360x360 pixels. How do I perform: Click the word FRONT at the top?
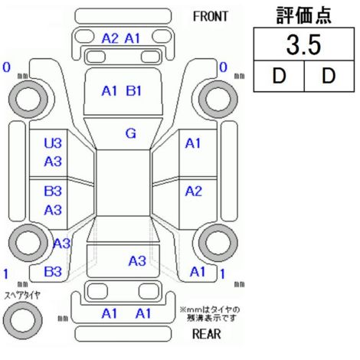[210, 17]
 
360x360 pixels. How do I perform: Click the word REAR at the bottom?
[207, 334]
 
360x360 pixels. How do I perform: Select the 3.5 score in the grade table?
[303, 45]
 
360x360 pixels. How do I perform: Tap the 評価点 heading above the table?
[304, 15]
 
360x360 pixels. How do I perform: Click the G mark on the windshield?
[131, 133]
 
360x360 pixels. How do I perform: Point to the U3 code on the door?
[53, 143]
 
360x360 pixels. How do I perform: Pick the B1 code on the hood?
[134, 90]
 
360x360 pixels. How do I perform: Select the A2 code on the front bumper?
[110, 38]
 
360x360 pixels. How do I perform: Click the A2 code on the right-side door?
[194, 191]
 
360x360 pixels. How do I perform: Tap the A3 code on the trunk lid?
[137, 261]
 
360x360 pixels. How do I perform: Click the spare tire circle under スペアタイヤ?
[23, 320]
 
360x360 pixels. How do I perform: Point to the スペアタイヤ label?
[22, 296]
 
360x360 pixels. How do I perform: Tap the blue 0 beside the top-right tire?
[224, 67]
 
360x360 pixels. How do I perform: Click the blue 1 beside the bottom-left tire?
[6, 274]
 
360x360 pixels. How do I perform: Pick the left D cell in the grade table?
[279, 76]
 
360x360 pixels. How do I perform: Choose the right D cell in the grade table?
[329, 76]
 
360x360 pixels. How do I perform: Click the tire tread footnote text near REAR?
[210, 314]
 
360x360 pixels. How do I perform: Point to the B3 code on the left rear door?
[53, 191]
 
